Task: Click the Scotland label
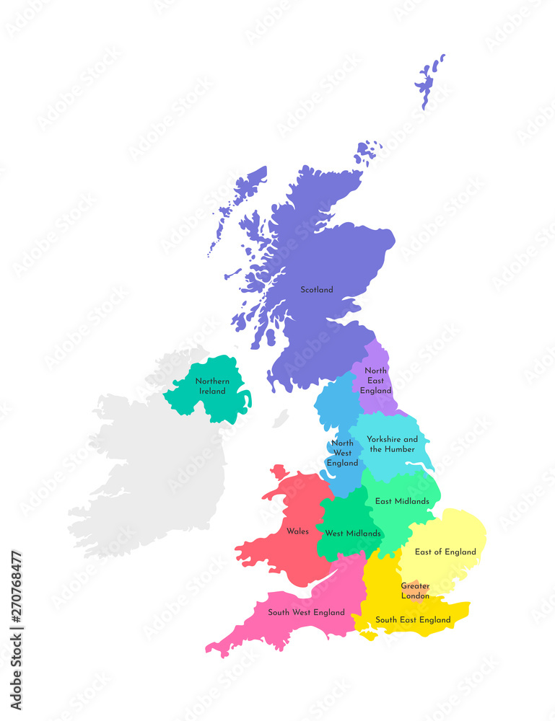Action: [x=317, y=290]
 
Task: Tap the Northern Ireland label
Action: [x=212, y=386]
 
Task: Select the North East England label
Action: [x=376, y=381]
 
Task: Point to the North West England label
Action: [x=342, y=453]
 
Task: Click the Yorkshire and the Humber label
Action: [x=392, y=444]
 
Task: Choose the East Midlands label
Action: [x=402, y=501]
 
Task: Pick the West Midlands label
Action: [x=353, y=534]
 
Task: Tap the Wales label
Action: [x=297, y=531]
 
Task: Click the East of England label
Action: [x=445, y=552]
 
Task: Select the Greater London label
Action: [x=415, y=591]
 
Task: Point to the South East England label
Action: [x=413, y=620]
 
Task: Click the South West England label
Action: [x=306, y=613]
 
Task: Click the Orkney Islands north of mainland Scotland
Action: [x=367, y=153]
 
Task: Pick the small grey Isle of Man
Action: [x=281, y=418]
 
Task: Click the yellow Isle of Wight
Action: [x=369, y=635]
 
